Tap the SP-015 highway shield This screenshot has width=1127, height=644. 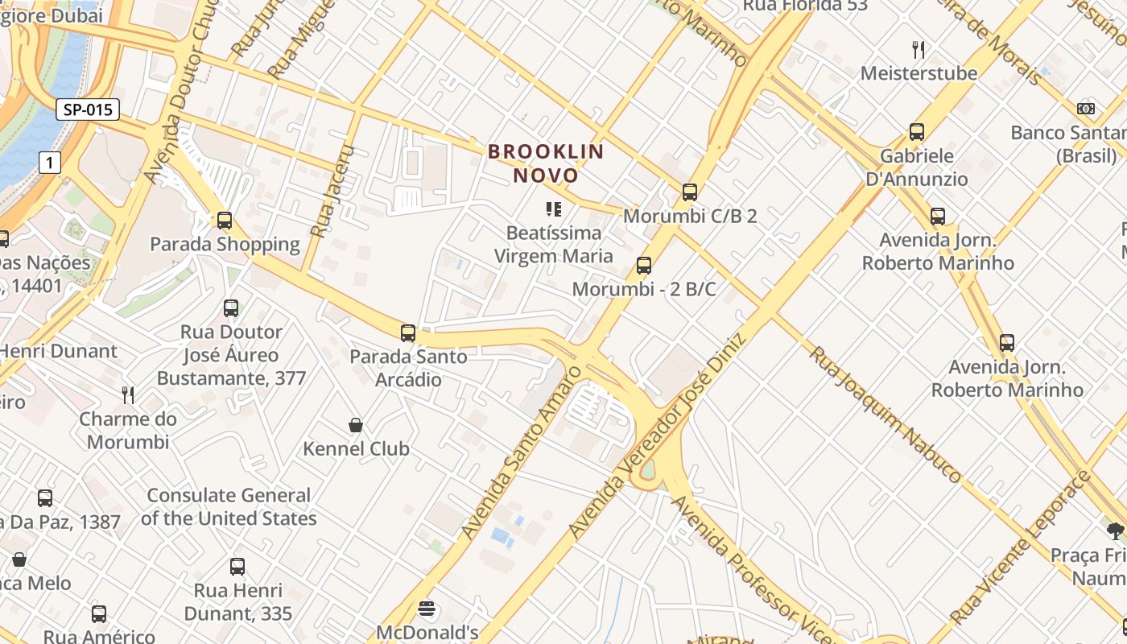(88, 110)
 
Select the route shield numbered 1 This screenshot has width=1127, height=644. (50, 163)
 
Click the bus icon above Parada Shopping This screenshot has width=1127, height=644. (225, 221)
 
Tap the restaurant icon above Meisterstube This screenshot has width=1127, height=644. (919, 50)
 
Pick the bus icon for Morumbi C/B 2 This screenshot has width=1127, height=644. (689, 192)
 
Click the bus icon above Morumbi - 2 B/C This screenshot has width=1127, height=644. (643, 266)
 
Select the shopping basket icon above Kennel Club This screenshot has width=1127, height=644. (356, 425)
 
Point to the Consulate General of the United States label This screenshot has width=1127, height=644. (229, 507)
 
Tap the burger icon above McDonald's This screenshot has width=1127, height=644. (427, 609)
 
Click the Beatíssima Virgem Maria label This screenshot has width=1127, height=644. (553, 245)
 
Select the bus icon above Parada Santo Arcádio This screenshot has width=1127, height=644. (408, 333)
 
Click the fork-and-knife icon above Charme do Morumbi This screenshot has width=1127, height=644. (128, 394)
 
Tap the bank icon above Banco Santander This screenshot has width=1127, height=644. (1086, 109)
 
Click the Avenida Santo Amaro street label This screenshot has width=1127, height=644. (521, 452)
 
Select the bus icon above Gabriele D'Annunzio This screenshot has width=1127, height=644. (916, 132)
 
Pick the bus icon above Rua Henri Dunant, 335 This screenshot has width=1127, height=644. (237, 567)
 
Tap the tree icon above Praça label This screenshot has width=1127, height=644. (1115, 530)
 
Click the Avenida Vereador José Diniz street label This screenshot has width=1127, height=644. (658, 435)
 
